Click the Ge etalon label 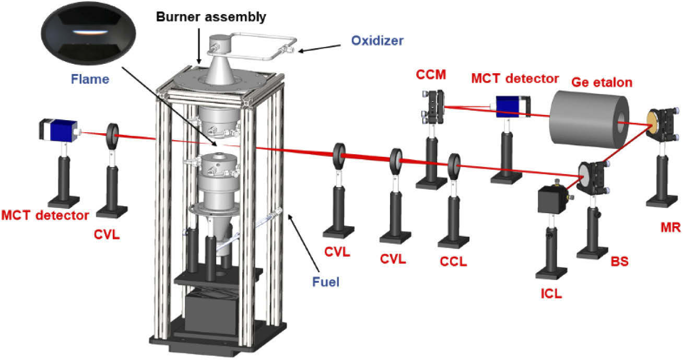click(x=602, y=83)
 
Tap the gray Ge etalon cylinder click(x=588, y=120)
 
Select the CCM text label click(x=431, y=75)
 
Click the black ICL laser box click(x=551, y=200)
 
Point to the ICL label click(x=551, y=294)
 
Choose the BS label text click(x=620, y=261)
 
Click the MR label click(x=670, y=228)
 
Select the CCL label click(x=453, y=261)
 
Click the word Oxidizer click(x=377, y=41)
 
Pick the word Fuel click(x=326, y=282)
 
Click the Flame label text click(x=90, y=79)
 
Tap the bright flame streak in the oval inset click(x=90, y=32)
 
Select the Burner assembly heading click(x=211, y=17)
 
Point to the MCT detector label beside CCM click(x=515, y=79)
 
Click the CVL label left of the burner click(x=107, y=235)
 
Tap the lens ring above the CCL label click(x=454, y=167)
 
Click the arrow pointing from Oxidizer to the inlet click(x=319, y=49)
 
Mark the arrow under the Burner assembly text click(x=199, y=46)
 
